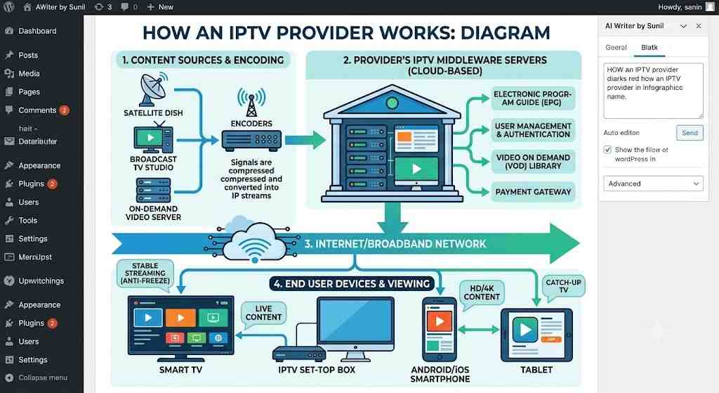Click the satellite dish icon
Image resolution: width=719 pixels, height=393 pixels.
(154, 89)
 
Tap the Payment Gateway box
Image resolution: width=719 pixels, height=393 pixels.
(533, 192)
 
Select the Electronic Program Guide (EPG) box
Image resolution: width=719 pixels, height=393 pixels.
(533, 98)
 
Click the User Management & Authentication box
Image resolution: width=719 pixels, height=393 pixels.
(533, 130)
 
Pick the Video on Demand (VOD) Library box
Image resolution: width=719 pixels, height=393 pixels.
(533, 162)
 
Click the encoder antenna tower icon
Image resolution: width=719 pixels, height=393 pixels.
(251, 103)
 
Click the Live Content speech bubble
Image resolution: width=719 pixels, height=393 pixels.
(263, 314)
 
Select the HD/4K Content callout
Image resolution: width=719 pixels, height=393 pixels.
(482, 294)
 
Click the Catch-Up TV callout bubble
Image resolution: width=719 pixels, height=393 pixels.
(563, 286)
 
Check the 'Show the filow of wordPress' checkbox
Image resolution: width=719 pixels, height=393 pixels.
(607, 150)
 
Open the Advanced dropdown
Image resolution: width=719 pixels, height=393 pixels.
(653, 183)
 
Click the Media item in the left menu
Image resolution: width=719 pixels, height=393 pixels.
(29, 73)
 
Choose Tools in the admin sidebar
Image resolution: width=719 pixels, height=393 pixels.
(27, 220)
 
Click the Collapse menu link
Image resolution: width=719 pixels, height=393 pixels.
(43, 378)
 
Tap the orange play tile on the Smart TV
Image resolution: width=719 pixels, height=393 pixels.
(180, 317)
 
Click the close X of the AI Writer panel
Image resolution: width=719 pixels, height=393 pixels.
(699, 26)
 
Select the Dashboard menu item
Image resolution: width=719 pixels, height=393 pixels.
(37, 31)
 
